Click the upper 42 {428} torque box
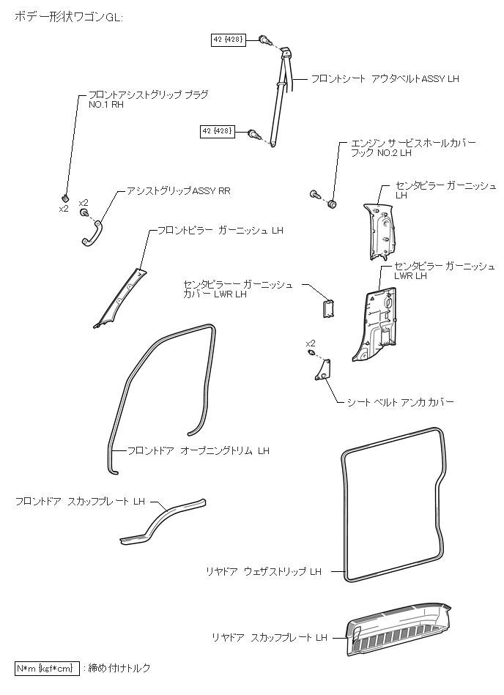point(229,39)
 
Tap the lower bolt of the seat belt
point(253,133)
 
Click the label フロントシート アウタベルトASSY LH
point(385,78)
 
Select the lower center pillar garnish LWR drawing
point(377,323)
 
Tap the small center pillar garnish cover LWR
point(328,307)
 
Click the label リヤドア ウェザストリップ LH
point(264,571)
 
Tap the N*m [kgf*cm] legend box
point(45,668)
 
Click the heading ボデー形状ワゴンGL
point(70,17)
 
